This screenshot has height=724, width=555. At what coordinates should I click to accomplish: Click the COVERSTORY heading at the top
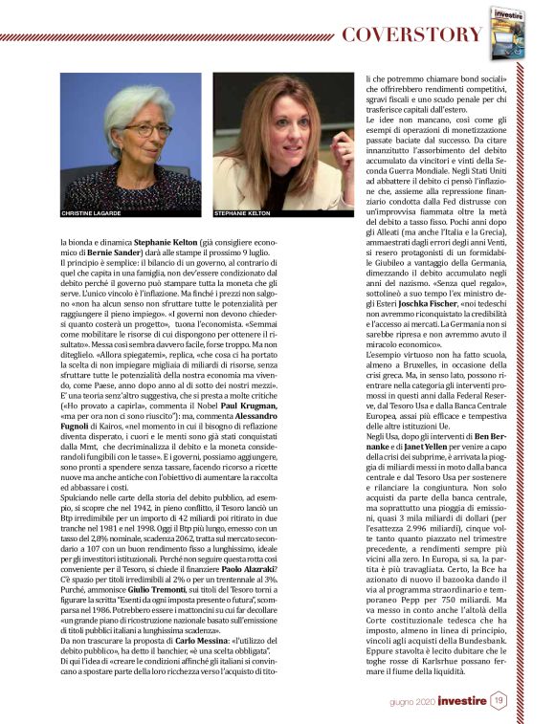click(x=412, y=34)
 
